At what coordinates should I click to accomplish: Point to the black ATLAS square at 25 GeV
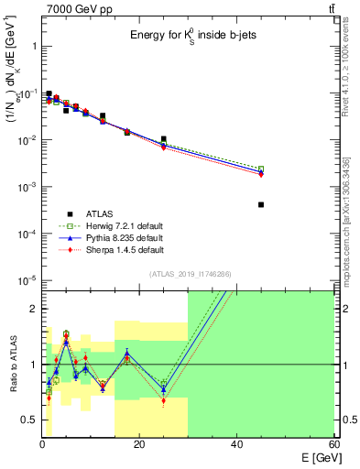163,139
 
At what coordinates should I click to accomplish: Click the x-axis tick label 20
138,446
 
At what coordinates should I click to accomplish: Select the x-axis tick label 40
236,446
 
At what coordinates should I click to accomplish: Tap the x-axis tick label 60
333,446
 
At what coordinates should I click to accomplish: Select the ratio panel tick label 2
32,309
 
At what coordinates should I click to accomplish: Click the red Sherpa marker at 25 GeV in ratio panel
163,400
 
